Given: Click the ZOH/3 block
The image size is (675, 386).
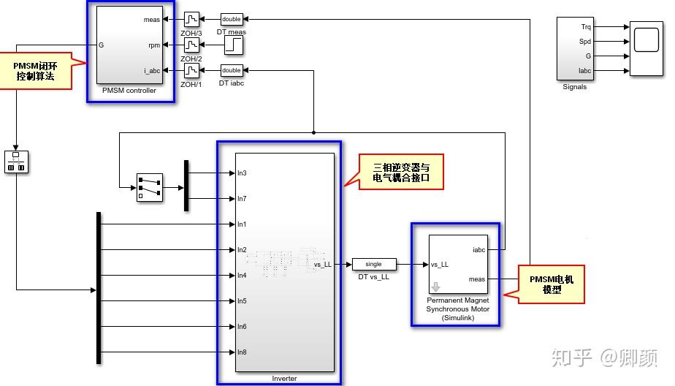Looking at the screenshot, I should click(x=191, y=18).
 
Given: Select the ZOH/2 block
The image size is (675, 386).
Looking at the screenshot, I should click(x=191, y=45).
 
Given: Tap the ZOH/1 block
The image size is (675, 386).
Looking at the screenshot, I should click(x=191, y=70).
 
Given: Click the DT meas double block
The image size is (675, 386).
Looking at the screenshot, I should click(x=232, y=19).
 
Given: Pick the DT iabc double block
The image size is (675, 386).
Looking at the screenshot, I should click(x=232, y=70).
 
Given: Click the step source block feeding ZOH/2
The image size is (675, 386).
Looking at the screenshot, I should click(x=233, y=45).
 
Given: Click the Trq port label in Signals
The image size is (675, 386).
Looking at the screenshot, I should click(x=585, y=27).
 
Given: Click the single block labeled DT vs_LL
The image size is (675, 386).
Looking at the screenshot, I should click(x=373, y=265).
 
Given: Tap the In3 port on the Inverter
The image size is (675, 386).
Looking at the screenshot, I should click(x=242, y=173).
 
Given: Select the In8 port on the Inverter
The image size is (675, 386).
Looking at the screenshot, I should click(x=242, y=352).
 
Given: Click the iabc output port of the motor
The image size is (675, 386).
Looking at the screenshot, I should click(x=479, y=250).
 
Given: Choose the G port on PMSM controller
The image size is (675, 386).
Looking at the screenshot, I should click(x=101, y=45).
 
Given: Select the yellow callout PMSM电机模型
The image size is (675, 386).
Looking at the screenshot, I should click(x=552, y=284).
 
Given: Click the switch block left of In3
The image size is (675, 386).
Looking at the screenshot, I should click(x=149, y=187).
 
